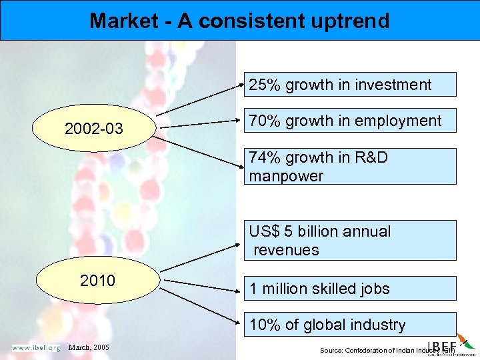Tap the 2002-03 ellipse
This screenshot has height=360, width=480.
94,128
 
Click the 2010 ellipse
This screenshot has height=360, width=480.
97,280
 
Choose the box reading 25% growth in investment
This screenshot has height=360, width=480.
350,85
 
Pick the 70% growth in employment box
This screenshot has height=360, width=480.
350,121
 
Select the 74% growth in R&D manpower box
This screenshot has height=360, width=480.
350,167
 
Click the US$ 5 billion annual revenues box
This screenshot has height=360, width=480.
350,240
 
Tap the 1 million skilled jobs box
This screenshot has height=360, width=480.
350,289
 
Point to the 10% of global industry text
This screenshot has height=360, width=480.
327,325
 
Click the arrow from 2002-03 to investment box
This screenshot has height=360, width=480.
200,100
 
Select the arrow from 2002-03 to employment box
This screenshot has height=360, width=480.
200,123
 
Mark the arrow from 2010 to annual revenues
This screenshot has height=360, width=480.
200,255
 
